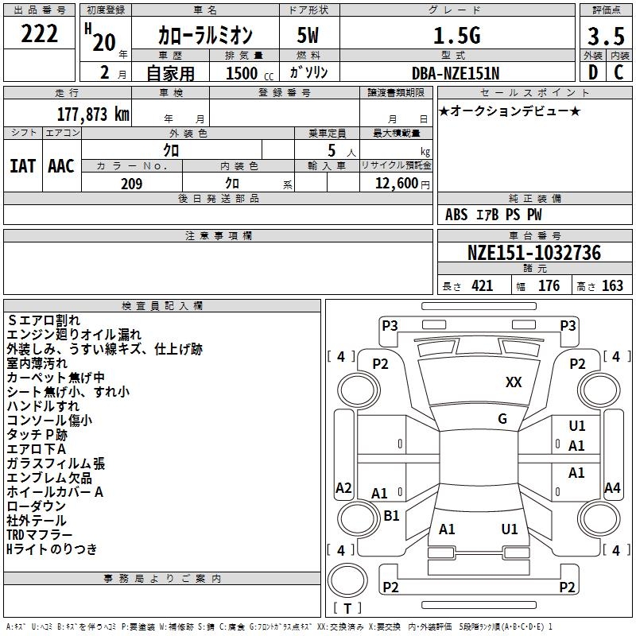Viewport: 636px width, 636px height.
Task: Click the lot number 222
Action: [40, 34]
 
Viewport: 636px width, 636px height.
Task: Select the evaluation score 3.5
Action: [606, 37]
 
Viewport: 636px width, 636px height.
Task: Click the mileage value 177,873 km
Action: [93, 114]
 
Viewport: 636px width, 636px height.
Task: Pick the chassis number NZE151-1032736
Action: [533, 253]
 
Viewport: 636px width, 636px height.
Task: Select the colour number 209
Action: [131, 184]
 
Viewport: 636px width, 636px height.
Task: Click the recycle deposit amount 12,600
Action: [396, 184]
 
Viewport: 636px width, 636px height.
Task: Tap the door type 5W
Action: [309, 36]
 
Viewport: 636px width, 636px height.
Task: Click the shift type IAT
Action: [22, 166]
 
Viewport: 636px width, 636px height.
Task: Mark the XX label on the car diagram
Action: [514, 382]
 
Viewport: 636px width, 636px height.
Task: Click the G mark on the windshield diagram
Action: [502, 419]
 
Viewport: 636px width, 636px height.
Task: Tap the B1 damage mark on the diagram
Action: [391, 515]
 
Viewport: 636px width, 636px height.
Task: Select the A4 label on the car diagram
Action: [612, 488]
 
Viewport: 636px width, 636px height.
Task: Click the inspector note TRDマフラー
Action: [40, 534]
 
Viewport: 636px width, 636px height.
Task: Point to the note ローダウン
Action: [37, 506]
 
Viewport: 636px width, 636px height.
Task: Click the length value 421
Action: [482, 286]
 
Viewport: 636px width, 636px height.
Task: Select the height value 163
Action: [612, 286]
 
